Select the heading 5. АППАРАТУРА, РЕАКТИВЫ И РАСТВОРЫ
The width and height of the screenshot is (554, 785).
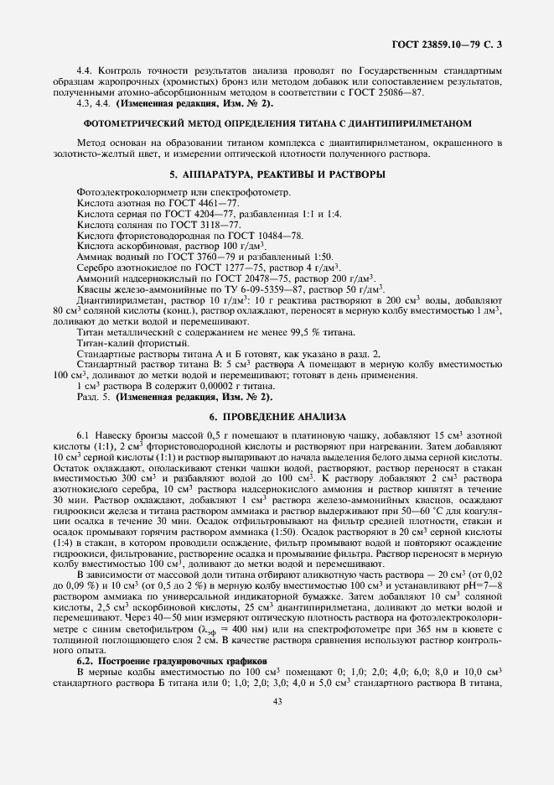pos(277,174)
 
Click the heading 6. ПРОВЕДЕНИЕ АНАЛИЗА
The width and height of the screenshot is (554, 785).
pos(277,417)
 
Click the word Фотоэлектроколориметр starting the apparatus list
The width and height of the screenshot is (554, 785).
pos(128,193)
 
